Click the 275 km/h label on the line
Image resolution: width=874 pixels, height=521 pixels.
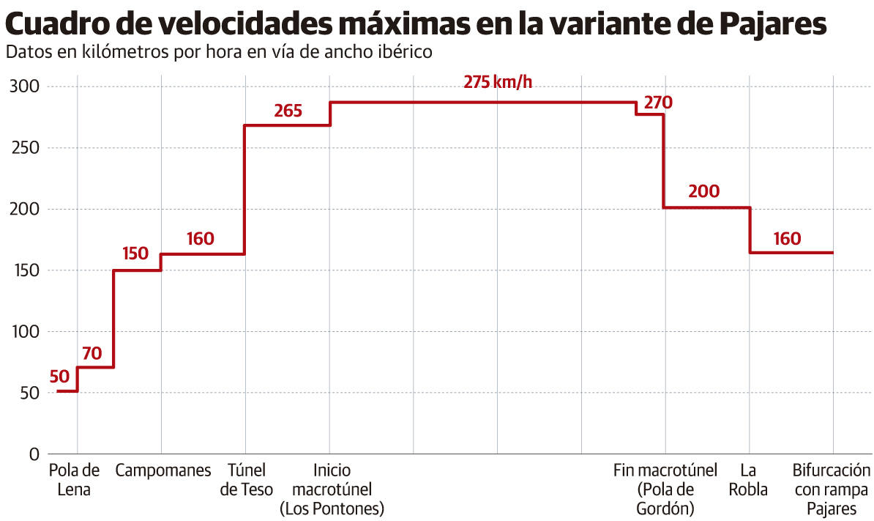click(498, 82)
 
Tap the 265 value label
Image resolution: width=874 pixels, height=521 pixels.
click(288, 111)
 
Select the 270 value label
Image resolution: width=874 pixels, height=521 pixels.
click(658, 102)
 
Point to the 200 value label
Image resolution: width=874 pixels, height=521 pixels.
click(704, 192)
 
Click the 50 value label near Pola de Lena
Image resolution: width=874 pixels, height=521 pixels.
click(60, 377)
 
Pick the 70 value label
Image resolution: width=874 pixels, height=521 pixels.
click(91, 353)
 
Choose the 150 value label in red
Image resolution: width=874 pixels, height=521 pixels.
click(135, 254)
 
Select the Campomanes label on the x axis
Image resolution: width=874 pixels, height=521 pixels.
click(163, 470)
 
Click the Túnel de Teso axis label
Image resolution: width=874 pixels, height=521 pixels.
click(247, 480)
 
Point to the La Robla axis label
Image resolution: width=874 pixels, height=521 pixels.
click(748, 480)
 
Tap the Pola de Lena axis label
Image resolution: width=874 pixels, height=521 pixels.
click(74, 480)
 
